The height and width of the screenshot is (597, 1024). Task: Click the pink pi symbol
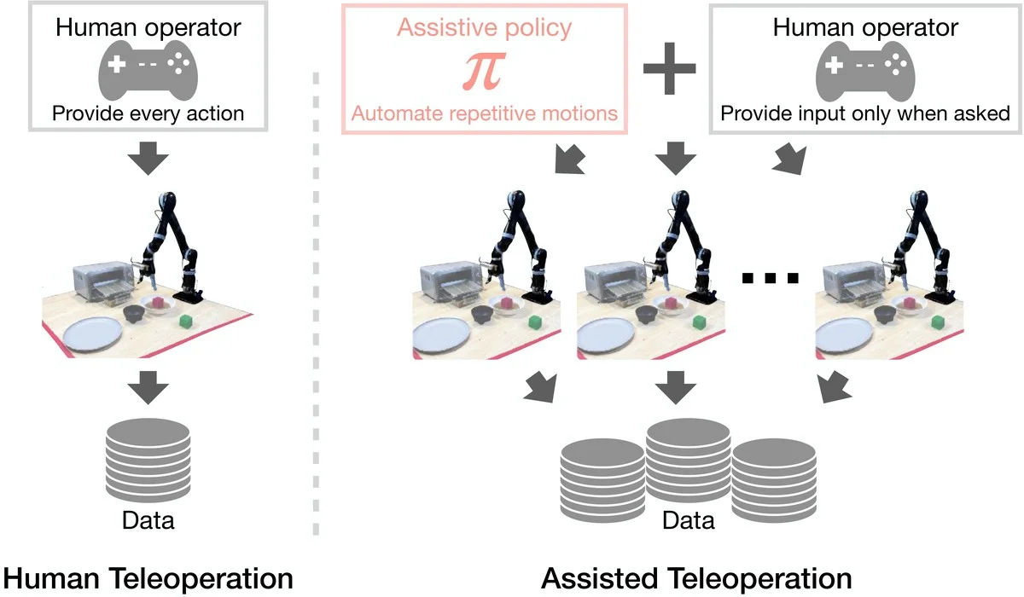coord(483,72)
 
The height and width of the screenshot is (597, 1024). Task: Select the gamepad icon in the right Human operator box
coord(864,72)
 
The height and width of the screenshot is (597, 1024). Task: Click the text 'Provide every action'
coord(148,113)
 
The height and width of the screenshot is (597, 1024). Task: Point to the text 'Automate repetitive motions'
coord(484,113)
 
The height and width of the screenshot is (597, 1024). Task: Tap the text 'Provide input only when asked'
coord(864,113)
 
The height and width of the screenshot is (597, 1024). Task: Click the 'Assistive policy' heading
coord(484,26)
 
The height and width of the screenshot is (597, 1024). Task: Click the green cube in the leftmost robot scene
coord(186,321)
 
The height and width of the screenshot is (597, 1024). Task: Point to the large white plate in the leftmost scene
coord(99,335)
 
